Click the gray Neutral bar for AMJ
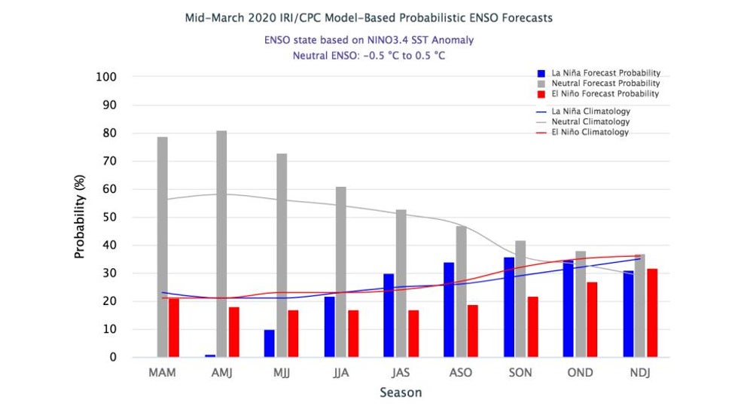pos(221,244)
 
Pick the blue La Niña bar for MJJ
pos(269,343)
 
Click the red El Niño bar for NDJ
pos(652,313)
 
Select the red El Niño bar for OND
pos(592,319)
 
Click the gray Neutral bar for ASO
pos(461,291)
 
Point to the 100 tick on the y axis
pos(106,77)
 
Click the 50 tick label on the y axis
pos(110,217)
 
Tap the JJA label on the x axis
pos(340,373)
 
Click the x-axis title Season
pos(401,392)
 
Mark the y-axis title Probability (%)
pos(80,218)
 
